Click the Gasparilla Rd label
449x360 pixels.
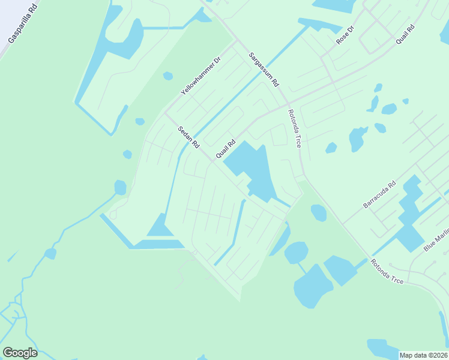23,23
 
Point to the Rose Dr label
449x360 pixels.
345,34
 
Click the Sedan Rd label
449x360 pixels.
188,137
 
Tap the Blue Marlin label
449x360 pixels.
436,239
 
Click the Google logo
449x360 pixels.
20,353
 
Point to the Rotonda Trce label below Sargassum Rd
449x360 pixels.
294,128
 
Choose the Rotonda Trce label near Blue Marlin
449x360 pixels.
387,271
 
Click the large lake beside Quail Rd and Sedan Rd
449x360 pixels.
252,168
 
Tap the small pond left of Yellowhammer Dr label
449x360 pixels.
168,76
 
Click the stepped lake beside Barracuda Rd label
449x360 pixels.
409,213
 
